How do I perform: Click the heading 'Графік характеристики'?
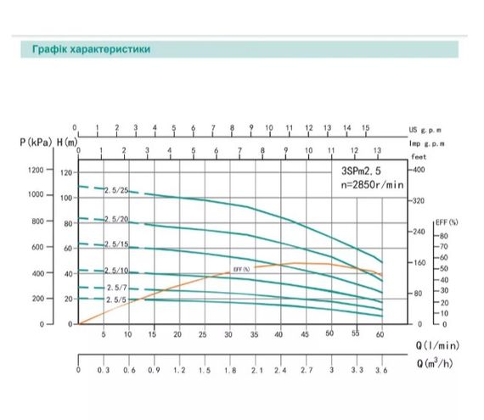(x=87, y=49)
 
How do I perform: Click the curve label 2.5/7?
(x=116, y=288)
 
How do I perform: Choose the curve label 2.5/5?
(x=116, y=300)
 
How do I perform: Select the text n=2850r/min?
(x=364, y=183)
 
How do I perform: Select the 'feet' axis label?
(x=418, y=157)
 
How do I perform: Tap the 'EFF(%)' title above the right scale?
(x=447, y=222)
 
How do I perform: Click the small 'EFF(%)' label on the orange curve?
(x=242, y=269)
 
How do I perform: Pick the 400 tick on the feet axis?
(x=419, y=171)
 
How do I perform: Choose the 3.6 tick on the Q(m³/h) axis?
(x=381, y=372)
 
